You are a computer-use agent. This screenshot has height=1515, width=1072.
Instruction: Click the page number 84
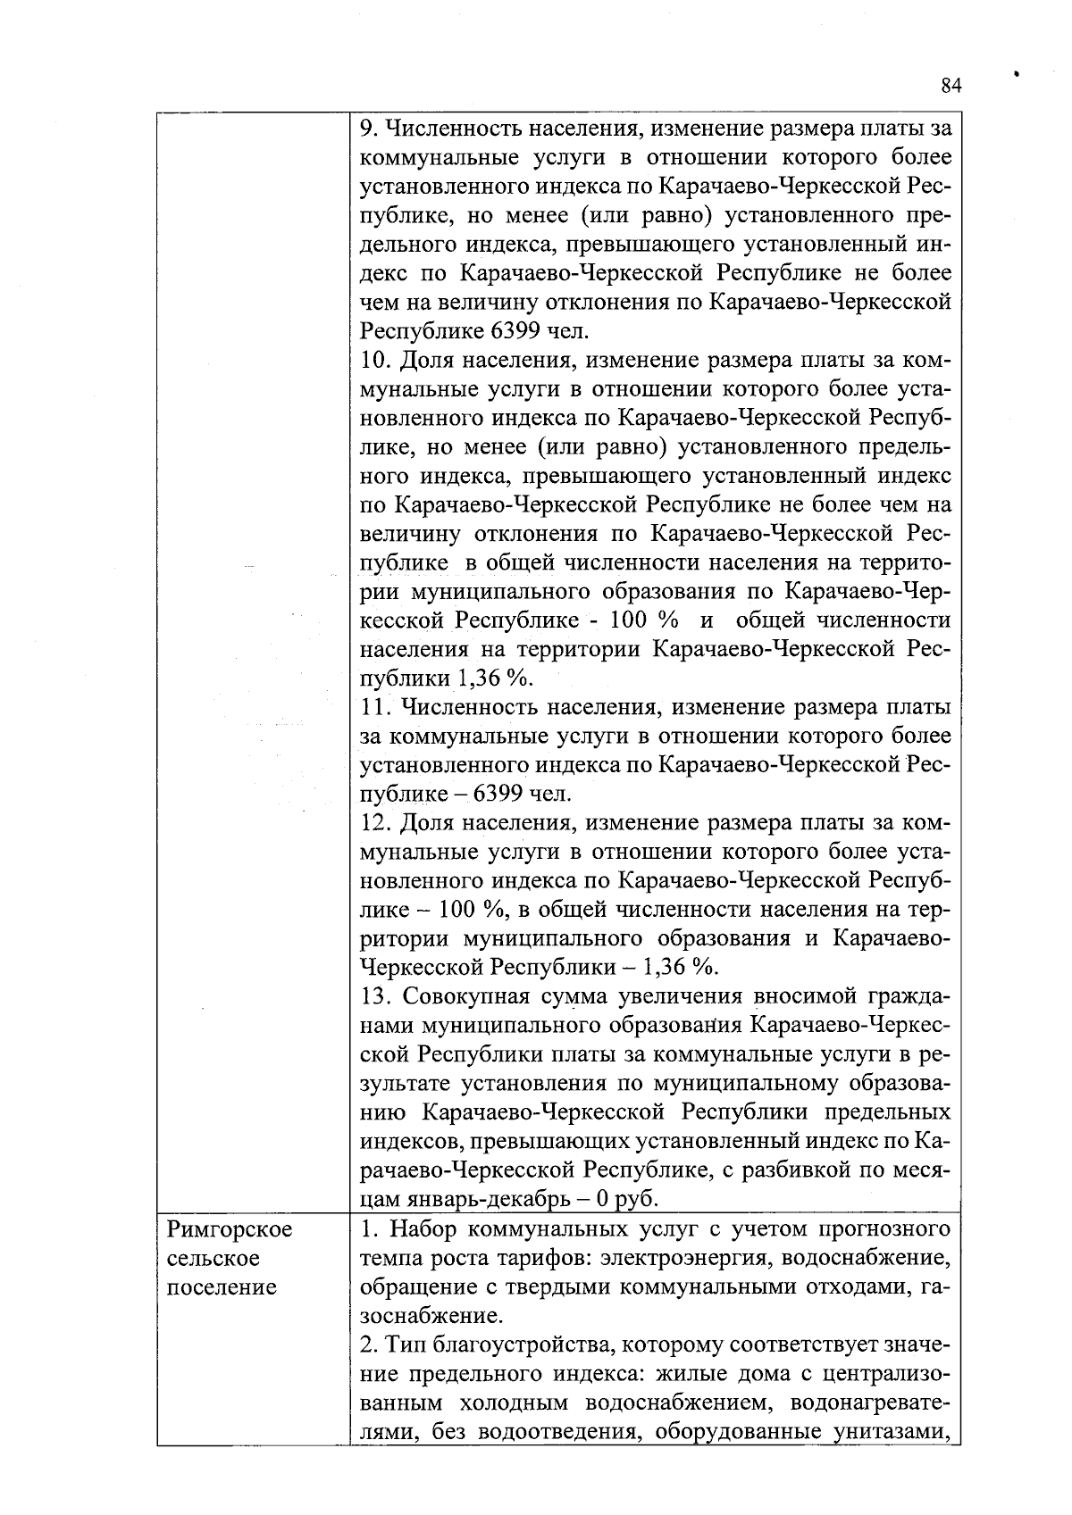(951, 86)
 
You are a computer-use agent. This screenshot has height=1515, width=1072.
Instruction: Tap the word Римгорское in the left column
(230, 1230)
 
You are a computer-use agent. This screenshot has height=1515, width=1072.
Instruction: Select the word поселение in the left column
(221, 1287)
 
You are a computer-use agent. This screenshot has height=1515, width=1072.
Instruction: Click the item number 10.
(376, 361)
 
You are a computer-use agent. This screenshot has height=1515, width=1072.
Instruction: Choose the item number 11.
(376, 708)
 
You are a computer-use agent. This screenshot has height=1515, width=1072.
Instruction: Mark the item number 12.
(376, 823)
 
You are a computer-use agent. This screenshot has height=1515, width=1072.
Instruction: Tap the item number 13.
(376, 996)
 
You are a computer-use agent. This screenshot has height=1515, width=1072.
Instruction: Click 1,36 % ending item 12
(681, 968)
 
